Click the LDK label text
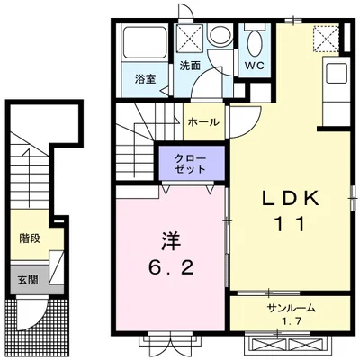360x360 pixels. tap(290, 198)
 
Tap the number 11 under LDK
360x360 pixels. tap(290, 224)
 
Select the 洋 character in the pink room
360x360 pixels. tap(171, 242)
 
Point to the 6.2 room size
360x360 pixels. tap(171, 267)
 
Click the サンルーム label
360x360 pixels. tap(291, 308)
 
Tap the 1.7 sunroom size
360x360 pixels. tap(292, 321)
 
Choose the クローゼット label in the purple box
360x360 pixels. tap(191, 164)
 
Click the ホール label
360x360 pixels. tap(203, 122)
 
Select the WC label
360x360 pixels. tap(255, 66)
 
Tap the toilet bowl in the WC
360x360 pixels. tap(255, 43)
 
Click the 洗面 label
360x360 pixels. tap(190, 66)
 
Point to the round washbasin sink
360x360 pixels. tap(219, 36)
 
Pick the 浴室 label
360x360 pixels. tap(145, 79)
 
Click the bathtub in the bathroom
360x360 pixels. tap(145, 43)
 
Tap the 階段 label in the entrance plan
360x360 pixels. tap(30, 238)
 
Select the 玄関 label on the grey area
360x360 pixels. tap(28, 280)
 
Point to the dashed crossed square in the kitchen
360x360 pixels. tap(326, 38)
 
